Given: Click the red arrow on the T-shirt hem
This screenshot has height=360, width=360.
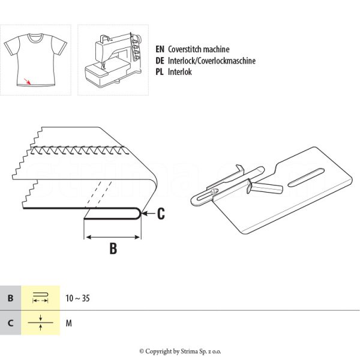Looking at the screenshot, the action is pyautogui.click(x=28, y=81).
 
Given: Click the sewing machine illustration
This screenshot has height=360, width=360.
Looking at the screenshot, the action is pyautogui.click(x=113, y=60).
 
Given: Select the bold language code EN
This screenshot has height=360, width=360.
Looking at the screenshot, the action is pyautogui.click(x=160, y=49).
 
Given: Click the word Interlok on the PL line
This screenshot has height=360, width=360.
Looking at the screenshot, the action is pyautogui.click(x=180, y=72).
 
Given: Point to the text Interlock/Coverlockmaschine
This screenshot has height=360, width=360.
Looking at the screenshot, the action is pyautogui.click(x=212, y=61).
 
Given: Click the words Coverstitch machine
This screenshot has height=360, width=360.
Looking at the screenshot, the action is pyautogui.click(x=199, y=49).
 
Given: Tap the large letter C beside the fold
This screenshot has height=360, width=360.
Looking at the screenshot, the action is pyautogui.click(x=161, y=214).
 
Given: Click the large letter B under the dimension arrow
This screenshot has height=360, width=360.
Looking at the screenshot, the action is pyautogui.click(x=113, y=248).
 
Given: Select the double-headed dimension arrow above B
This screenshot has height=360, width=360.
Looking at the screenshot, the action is pyautogui.click(x=113, y=237).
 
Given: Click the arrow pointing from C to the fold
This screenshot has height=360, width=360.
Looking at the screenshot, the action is pyautogui.click(x=148, y=214).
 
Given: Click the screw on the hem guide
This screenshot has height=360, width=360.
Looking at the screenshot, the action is pyautogui.click(x=214, y=191).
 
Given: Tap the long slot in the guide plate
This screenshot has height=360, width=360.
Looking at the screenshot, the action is pyautogui.click(x=306, y=178).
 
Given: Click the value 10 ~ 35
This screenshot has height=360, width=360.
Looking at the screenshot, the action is pyautogui.click(x=77, y=298).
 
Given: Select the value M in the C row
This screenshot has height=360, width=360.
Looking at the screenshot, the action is pyautogui.click(x=68, y=323).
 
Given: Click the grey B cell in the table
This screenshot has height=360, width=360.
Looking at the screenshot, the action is pyautogui.click(x=10, y=298).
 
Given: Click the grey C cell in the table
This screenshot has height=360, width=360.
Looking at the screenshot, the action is pyautogui.click(x=10, y=323).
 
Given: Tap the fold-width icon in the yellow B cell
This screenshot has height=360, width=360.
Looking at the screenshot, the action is pyautogui.click(x=40, y=298).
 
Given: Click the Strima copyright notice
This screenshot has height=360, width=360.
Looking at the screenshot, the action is pyautogui.click(x=180, y=351).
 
